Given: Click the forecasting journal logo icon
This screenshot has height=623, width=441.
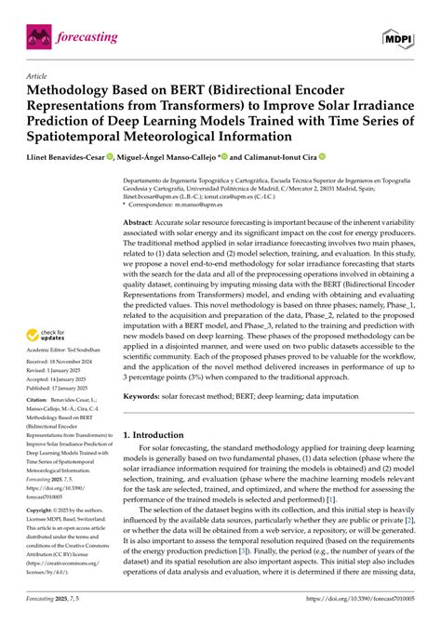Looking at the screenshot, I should click(38, 36).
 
